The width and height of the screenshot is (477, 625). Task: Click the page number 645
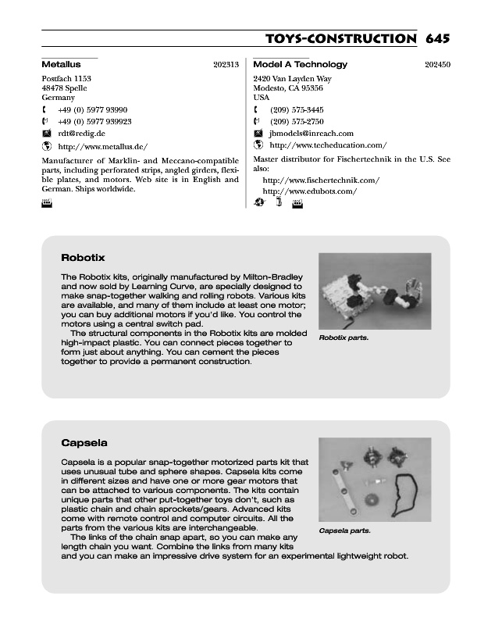[438, 39]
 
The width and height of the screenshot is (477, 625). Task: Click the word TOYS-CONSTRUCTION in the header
[341, 39]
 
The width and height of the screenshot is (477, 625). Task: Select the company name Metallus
[61, 64]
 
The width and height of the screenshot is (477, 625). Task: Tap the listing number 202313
[226, 65]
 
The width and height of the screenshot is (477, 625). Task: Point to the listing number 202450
[438, 65]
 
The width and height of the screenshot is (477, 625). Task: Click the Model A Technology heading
[301, 64]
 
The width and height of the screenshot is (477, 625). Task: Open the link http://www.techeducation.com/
[328, 145]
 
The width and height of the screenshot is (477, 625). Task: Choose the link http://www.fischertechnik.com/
[321, 180]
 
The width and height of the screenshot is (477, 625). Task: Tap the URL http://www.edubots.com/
[310, 191]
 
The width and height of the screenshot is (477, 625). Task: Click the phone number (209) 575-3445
[297, 110]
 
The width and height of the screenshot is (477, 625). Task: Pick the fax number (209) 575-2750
[297, 122]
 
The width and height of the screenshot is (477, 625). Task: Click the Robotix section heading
[83, 257]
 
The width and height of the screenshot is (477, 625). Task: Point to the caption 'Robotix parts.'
[344, 338]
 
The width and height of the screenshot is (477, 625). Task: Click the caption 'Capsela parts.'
[344, 531]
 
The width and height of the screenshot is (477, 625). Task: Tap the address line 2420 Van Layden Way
[293, 79]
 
